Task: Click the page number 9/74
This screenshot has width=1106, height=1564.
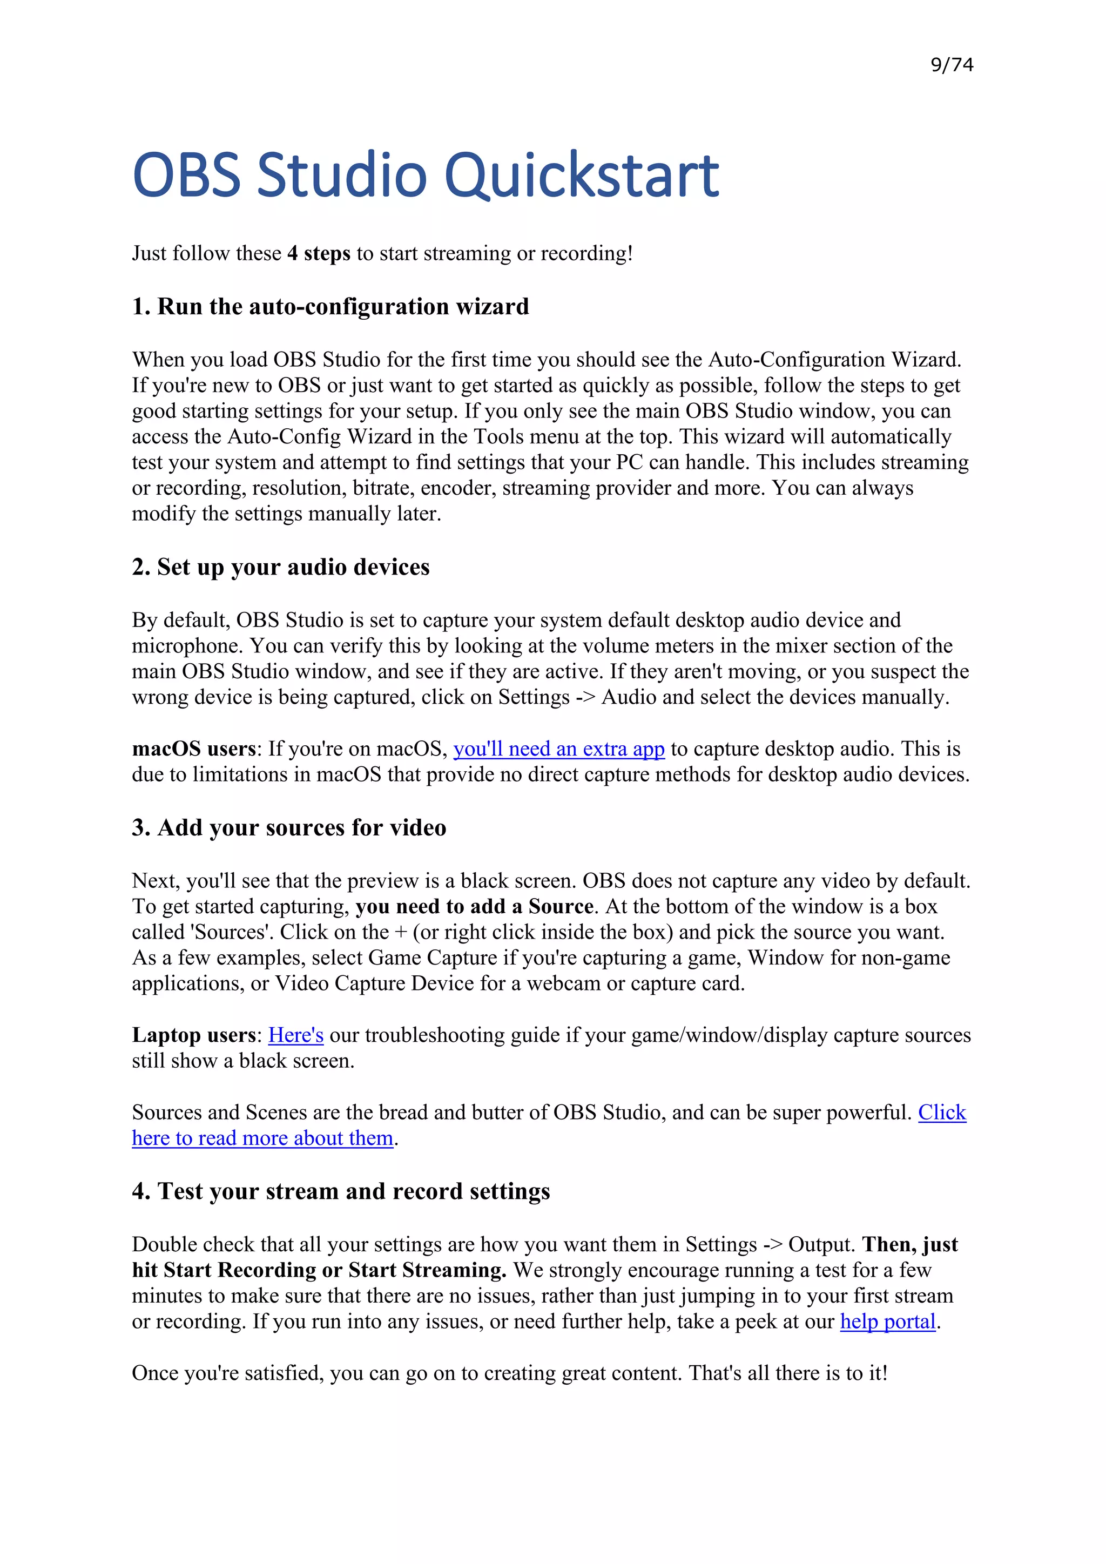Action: pyautogui.click(x=952, y=65)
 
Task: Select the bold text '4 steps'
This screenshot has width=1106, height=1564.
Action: pyautogui.click(x=318, y=253)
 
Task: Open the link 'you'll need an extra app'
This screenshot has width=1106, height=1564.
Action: pyautogui.click(x=558, y=749)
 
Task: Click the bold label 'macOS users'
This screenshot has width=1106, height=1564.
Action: pyautogui.click(x=193, y=749)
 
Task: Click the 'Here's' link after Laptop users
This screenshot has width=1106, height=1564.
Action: pyautogui.click(x=295, y=1035)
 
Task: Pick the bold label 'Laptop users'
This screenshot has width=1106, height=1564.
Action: pyautogui.click(x=193, y=1035)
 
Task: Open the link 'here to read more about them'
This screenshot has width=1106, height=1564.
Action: pyautogui.click(x=262, y=1138)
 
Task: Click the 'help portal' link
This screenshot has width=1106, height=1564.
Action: pyautogui.click(x=887, y=1322)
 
